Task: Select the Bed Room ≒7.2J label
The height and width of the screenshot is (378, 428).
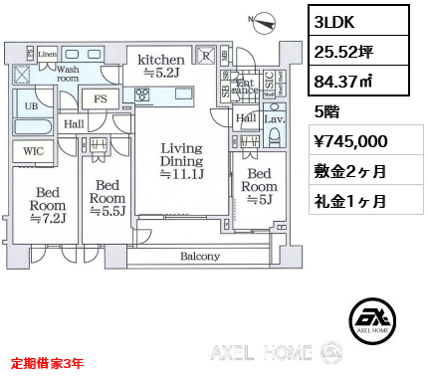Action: pyautogui.click(x=47, y=203)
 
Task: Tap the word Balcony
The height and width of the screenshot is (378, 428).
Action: pyautogui.click(x=200, y=257)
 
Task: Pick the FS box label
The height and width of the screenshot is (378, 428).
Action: pyautogui.click(x=102, y=99)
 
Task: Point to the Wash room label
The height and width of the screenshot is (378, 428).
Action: pyautogui.click(x=68, y=75)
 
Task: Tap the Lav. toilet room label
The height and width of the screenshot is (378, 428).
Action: pyautogui.click(x=273, y=118)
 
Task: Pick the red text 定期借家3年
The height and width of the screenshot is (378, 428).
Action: pyautogui.click(x=48, y=364)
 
